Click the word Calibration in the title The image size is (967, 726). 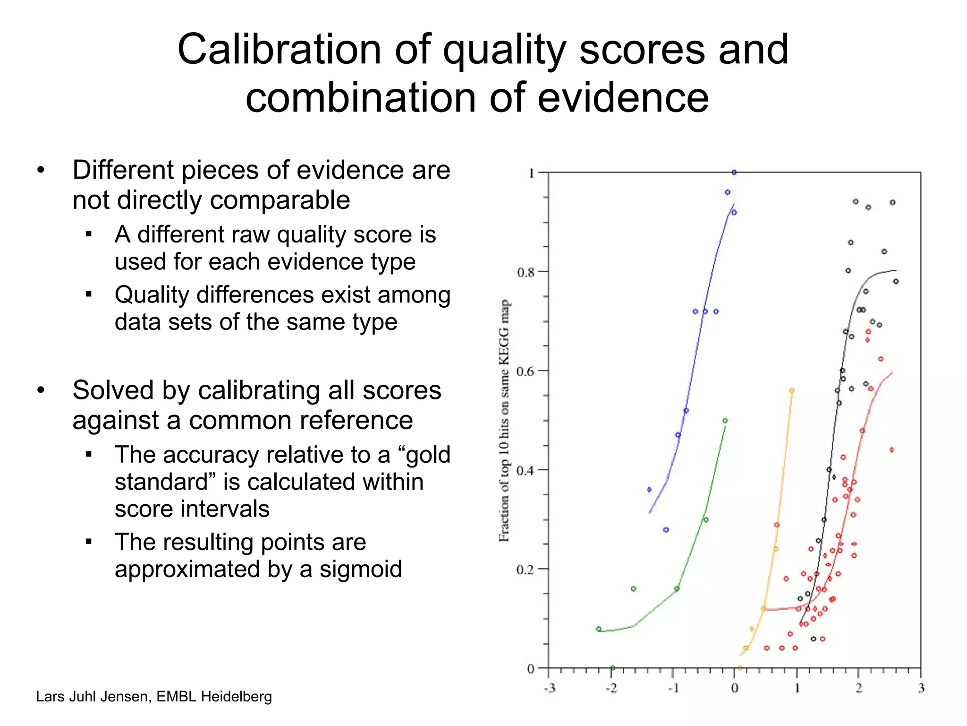point(279,50)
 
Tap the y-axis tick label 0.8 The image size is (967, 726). point(526,272)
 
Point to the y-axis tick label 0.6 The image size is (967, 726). point(526,372)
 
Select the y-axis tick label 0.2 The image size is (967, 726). point(526,570)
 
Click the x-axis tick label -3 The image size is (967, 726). point(549,688)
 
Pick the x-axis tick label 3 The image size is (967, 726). point(921,688)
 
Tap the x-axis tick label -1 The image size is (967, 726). point(673,688)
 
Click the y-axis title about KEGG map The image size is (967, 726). point(505,421)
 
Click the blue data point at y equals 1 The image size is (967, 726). point(734,173)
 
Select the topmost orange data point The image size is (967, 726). point(792,391)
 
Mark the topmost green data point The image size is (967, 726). point(725,421)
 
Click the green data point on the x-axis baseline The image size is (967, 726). point(612,668)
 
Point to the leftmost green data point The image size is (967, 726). point(599,629)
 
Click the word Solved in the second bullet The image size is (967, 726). point(113,390)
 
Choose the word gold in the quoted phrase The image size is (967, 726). point(428,455)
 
